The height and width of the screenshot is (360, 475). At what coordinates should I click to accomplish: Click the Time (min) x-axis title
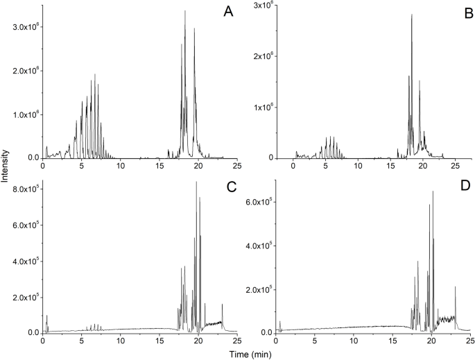(237, 354)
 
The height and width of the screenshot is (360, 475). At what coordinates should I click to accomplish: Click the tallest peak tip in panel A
(185, 11)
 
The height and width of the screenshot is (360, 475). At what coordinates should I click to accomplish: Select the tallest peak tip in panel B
(412, 15)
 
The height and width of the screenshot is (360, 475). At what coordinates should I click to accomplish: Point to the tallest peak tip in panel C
(196, 182)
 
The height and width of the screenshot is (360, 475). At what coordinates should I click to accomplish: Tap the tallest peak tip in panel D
(433, 192)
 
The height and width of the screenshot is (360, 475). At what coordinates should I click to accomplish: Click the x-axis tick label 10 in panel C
(121, 341)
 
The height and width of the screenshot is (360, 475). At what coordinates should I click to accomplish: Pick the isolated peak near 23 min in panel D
(455, 286)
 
